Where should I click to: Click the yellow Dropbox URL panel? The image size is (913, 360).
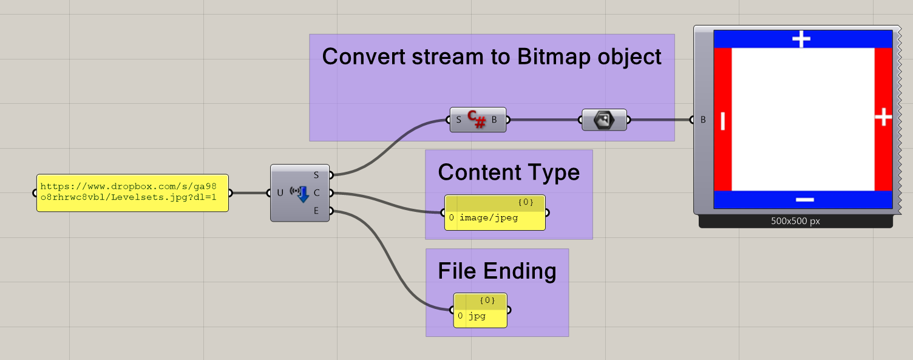(x=132, y=193)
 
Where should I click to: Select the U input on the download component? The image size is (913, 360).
(x=280, y=193)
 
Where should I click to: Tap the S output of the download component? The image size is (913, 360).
(x=316, y=175)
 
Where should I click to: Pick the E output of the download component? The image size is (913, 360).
(x=316, y=211)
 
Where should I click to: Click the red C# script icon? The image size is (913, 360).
(x=477, y=120)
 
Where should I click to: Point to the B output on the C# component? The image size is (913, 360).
(x=494, y=120)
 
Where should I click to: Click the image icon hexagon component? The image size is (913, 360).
(x=604, y=120)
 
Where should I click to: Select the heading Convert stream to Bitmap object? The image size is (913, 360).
(x=491, y=56)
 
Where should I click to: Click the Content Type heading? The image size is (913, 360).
(x=509, y=172)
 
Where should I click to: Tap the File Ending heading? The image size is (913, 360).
(x=497, y=271)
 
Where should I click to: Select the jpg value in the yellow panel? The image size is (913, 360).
(x=477, y=316)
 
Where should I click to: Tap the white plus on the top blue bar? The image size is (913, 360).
(x=801, y=39)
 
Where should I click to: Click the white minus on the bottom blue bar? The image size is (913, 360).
(x=804, y=199)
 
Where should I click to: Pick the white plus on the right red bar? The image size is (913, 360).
(x=883, y=117)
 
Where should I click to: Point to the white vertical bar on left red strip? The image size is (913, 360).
(x=722, y=120)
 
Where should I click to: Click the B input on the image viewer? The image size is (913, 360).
(x=703, y=120)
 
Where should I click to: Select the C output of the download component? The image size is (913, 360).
(x=316, y=193)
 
